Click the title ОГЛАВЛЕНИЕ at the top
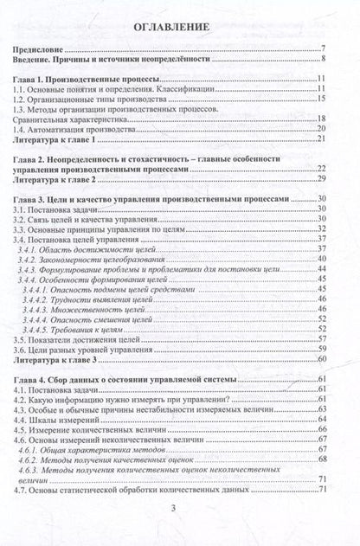pos(179,28)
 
